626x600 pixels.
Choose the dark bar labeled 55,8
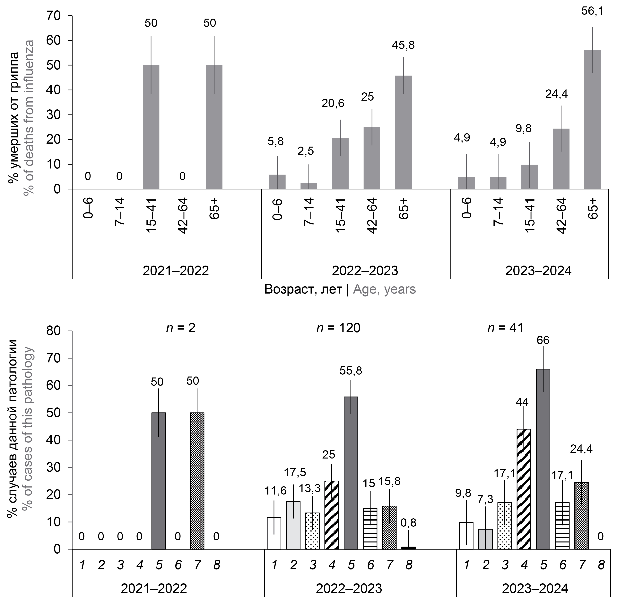(x=351, y=473)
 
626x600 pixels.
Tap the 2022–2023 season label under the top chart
(x=365, y=271)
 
